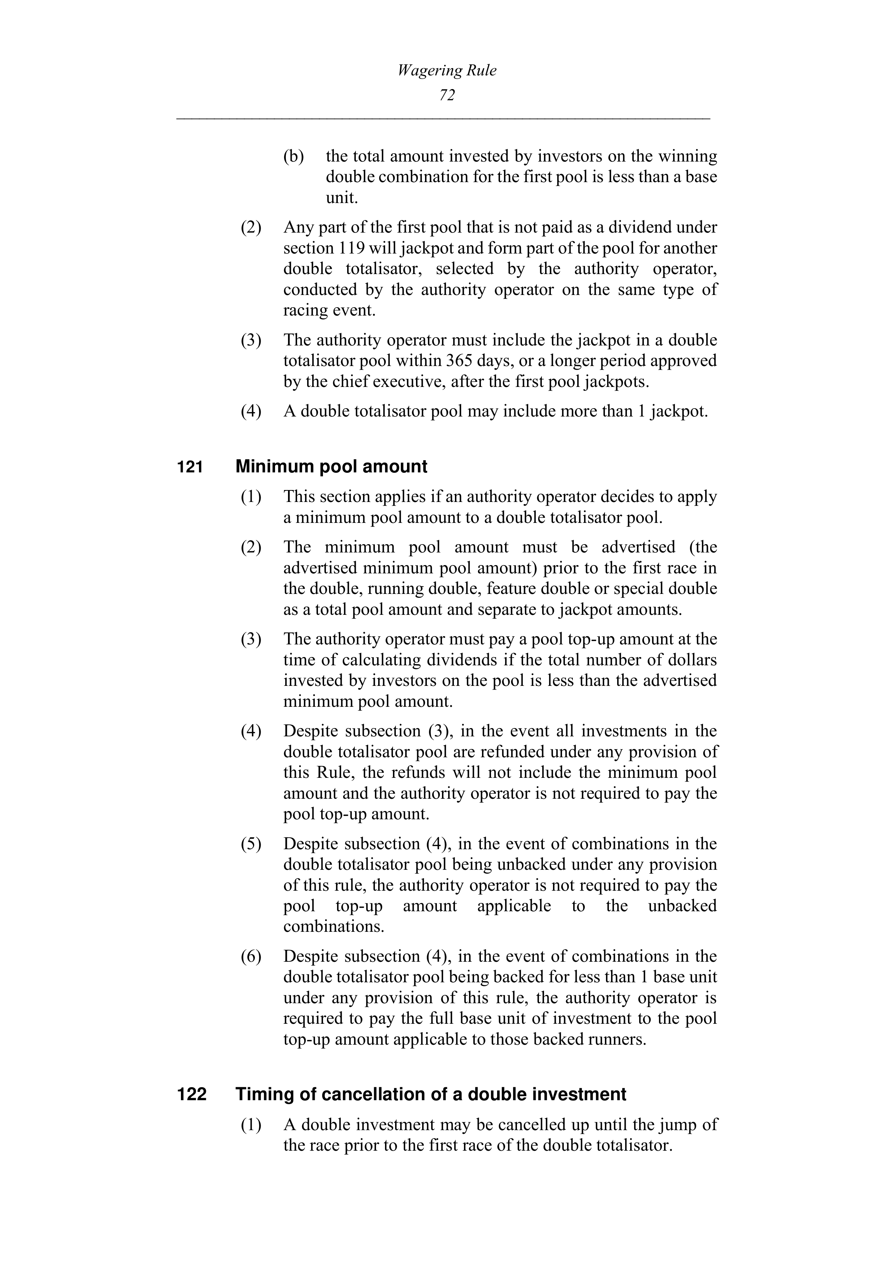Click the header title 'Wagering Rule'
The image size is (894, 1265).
tap(447, 71)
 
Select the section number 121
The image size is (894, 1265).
tap(190, 467)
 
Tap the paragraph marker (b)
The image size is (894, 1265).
tap(293, 157)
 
